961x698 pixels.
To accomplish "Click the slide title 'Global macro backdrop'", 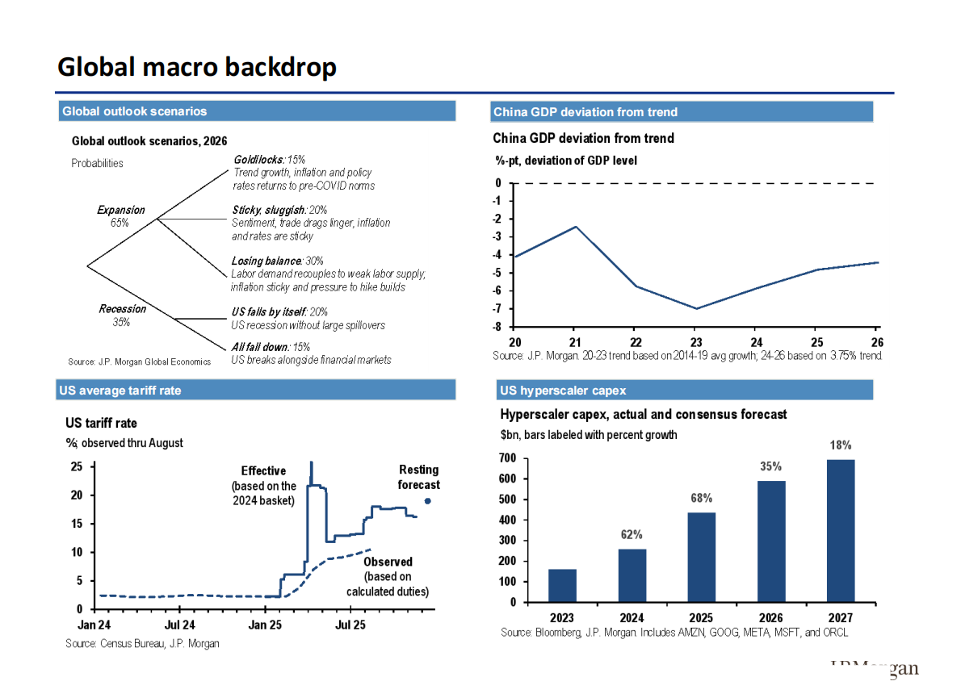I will coord(196,67).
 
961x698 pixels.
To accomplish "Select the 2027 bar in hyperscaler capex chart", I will coord(841,530).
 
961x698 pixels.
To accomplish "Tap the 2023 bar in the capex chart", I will coord(562,585).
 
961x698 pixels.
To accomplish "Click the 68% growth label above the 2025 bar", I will coord(701,498).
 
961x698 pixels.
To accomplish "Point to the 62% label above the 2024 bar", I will coord(632,534).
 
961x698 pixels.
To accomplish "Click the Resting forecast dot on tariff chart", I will coord(427,500).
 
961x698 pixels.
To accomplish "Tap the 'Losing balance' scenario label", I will coord(266,261).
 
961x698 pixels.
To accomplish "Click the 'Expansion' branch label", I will coord(120,210).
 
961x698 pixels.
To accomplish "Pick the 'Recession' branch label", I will coord(122,309).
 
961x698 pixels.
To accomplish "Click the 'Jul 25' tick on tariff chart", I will coord(350,625).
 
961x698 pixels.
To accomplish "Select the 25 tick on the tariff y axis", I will coord(77,466).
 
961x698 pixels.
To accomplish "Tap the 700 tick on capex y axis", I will coord(507,458).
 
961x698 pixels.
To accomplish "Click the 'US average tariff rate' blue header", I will coord(120,391).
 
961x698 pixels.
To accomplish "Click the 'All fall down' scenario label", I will coord(258,347).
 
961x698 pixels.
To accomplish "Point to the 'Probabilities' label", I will coord(97,163).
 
